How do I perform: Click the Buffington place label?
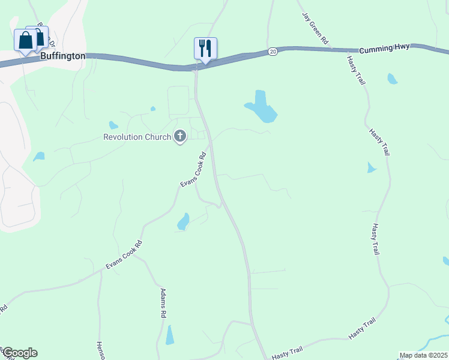coord(63,56)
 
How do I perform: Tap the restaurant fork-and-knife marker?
coord(205,48)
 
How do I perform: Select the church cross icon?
coord(179,137)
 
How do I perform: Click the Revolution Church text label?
coord(137,137)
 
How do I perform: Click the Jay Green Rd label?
coord(316,28)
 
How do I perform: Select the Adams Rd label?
coord(162,302)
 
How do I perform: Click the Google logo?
coord(19,353)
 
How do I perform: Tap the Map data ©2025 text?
coord(423,355)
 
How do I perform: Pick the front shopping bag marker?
coord(26,41)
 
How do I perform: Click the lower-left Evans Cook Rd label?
coord(124,254)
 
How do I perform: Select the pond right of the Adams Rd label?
coord(170,334)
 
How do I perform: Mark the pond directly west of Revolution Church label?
coord(113,125)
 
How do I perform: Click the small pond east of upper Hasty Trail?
coord(393,79)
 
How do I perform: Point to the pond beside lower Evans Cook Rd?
coord(184,222)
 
